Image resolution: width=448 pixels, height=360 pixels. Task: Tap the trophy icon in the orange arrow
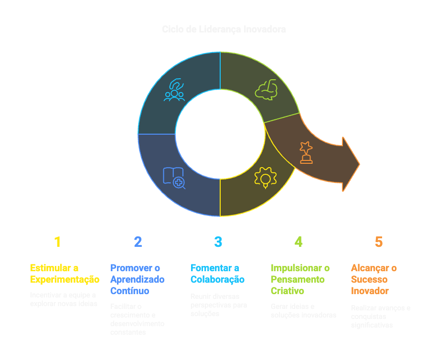pos(306,152)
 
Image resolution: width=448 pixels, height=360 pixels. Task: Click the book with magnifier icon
pos(174,177)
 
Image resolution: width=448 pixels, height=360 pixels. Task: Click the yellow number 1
pos(57,242)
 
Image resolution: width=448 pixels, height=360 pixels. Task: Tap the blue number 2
pos(138,242)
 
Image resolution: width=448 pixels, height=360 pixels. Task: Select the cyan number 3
pos(218,242)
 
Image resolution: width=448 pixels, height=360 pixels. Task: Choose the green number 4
pos(298,242)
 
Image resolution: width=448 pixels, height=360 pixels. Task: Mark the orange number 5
pos(378,242)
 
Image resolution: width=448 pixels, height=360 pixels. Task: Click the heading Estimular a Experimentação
pos(64,274)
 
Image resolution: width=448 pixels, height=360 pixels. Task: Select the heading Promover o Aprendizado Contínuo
pos(137,279)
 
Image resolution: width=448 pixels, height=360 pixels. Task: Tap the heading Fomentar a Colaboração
pos(217,274)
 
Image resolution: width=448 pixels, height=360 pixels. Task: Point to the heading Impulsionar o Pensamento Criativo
pos(300,279)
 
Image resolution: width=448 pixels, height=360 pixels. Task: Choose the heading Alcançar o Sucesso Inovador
pos(374,279)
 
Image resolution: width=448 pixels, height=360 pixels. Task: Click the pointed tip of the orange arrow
pos(359,164)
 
